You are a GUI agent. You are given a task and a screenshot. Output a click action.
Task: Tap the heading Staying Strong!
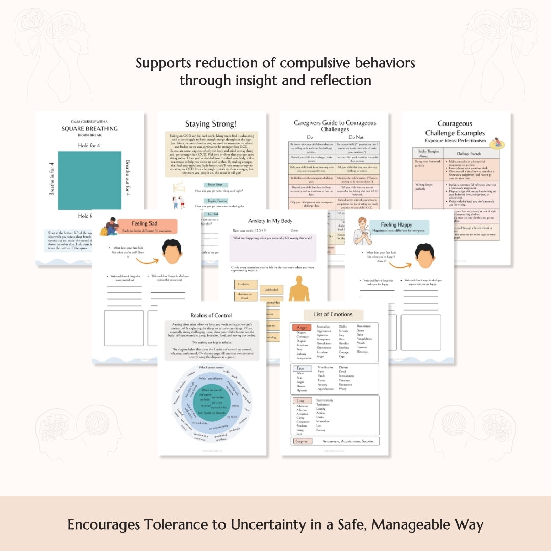pyautogui.click(x=211, y=124)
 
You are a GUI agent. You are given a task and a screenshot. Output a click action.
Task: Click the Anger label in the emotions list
pyautogui.click(x=301, y=327)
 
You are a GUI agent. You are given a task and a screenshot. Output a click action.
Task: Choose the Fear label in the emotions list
pyautogui.click(x=300, y=368)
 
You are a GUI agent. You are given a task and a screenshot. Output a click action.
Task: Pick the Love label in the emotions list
pyautogui.click(x=300, y=401)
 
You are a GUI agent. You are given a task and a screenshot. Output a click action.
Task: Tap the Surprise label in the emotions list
pyautogui.click(x=302, y=441)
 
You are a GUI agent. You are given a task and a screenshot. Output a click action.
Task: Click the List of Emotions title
pyautogui.click(x=334, y=314)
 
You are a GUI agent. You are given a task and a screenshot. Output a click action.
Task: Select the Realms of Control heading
pyautogui.click(x=211, y=315)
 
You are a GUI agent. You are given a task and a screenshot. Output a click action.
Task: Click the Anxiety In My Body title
pyautogui.click(x=271, y=221)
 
